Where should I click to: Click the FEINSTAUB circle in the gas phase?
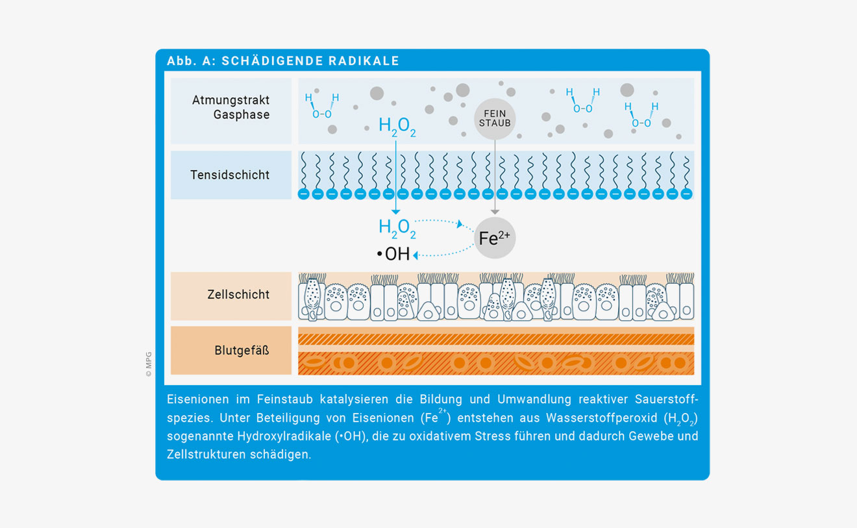pos(495,119)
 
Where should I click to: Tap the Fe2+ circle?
pos(495,238)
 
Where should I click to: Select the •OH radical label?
pos(393,254)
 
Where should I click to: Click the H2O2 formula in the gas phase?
pos(397,127)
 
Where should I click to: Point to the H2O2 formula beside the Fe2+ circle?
pos(397,229)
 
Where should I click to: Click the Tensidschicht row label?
pos(230,175)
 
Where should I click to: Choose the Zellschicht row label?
pos(238,295)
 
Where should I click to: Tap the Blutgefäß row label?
pos(242,350)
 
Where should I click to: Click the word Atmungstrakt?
pos(230,100)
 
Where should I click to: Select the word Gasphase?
pos(242,114)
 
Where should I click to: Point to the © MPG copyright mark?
pos(149,364)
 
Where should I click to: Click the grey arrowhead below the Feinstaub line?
pos(495,212)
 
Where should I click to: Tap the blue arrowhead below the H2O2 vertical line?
pos(395,212)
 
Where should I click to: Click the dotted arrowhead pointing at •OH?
pos(416,255)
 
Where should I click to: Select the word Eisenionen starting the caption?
pos(198,399)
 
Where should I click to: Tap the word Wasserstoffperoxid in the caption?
pos(602,418)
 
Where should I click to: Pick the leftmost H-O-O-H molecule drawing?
pos(322,106)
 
